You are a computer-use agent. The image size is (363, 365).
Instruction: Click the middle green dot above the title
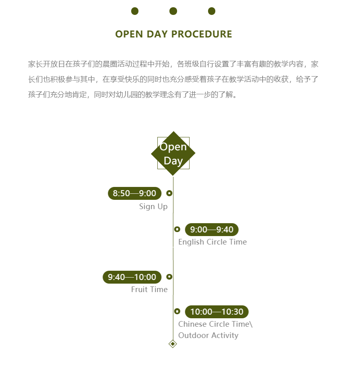click(173, 11)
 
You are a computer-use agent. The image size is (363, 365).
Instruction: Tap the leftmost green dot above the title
click(135, 11)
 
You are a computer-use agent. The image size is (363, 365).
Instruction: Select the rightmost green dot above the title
click(212, 11)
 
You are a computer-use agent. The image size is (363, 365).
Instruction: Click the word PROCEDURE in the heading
click(202, 34)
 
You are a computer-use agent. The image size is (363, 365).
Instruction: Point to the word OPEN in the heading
click(129, 34)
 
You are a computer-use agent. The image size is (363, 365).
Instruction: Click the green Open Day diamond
click(173, 153)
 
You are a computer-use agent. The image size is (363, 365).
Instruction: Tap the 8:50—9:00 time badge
click(135, 193)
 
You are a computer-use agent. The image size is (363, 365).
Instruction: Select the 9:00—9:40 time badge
click(212, 230)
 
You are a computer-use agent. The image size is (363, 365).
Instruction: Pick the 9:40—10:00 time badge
click(132, 277)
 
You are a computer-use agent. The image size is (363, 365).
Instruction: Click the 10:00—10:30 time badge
click(217, 312)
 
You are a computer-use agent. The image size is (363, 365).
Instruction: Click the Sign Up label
click(153, 207)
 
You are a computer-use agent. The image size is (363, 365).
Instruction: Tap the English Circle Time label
click(212, 242)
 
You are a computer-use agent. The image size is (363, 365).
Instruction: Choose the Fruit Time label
click(149, 289)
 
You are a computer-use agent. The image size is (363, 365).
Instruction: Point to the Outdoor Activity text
click(208, 336)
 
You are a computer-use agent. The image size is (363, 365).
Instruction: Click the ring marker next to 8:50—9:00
click(169, 193)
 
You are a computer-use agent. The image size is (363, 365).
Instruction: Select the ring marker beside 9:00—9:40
click(177, 229)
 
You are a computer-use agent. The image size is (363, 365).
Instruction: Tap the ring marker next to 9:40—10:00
click(169, 276)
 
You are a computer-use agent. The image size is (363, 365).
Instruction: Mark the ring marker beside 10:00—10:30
click(177, 311)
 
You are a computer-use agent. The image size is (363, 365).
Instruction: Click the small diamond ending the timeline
click(173, 344)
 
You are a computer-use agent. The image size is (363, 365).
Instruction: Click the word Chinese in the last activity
click(192, 324)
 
